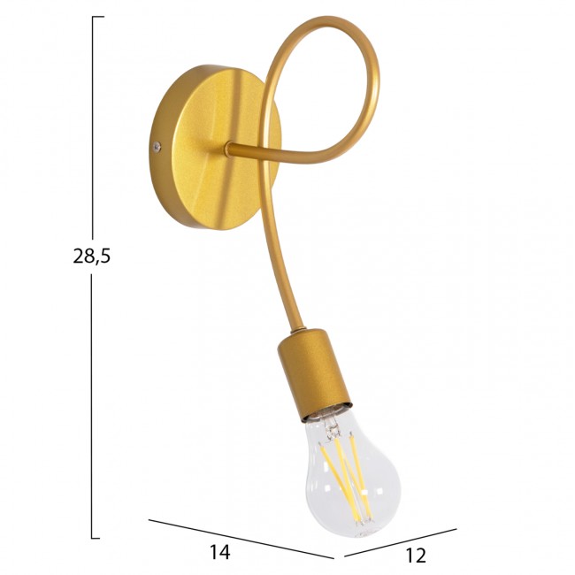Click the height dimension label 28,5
[91, 256]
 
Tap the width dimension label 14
[219, 551]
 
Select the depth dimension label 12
[416, 556]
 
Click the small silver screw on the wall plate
[157, 147]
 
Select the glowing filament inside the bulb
[347, 477]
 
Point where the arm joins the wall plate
[229, 149]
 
